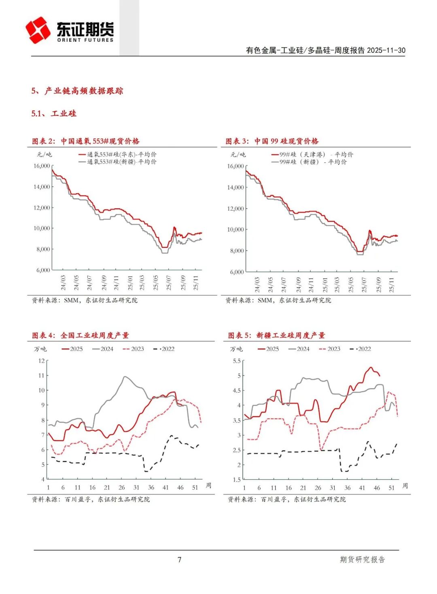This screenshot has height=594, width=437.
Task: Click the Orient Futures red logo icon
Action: click(38, 30)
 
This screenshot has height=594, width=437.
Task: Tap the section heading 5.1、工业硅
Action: click(54, 113)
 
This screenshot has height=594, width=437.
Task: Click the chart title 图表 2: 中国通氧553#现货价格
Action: click(86, 141)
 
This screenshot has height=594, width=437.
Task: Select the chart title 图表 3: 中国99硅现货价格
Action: click(272, 141)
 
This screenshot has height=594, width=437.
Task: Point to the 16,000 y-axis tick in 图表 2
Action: click(42, 166)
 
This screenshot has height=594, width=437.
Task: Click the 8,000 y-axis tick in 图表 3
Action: click(237, 251)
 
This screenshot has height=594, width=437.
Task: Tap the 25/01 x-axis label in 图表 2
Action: click(130, 282)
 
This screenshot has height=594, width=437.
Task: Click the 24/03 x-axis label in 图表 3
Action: click(257, 284)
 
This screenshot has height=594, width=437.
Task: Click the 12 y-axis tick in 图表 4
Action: click(41, 361)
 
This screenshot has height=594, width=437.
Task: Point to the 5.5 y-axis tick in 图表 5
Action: click(237, 361)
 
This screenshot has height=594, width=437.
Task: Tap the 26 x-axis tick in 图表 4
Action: click(121, 487)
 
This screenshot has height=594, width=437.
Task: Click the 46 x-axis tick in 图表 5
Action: click(377, 488)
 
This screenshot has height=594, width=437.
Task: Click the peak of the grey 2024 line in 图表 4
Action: click(125, 377)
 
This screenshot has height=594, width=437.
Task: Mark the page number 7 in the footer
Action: click(180, 560)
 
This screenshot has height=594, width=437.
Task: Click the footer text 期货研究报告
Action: click(362, 560)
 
